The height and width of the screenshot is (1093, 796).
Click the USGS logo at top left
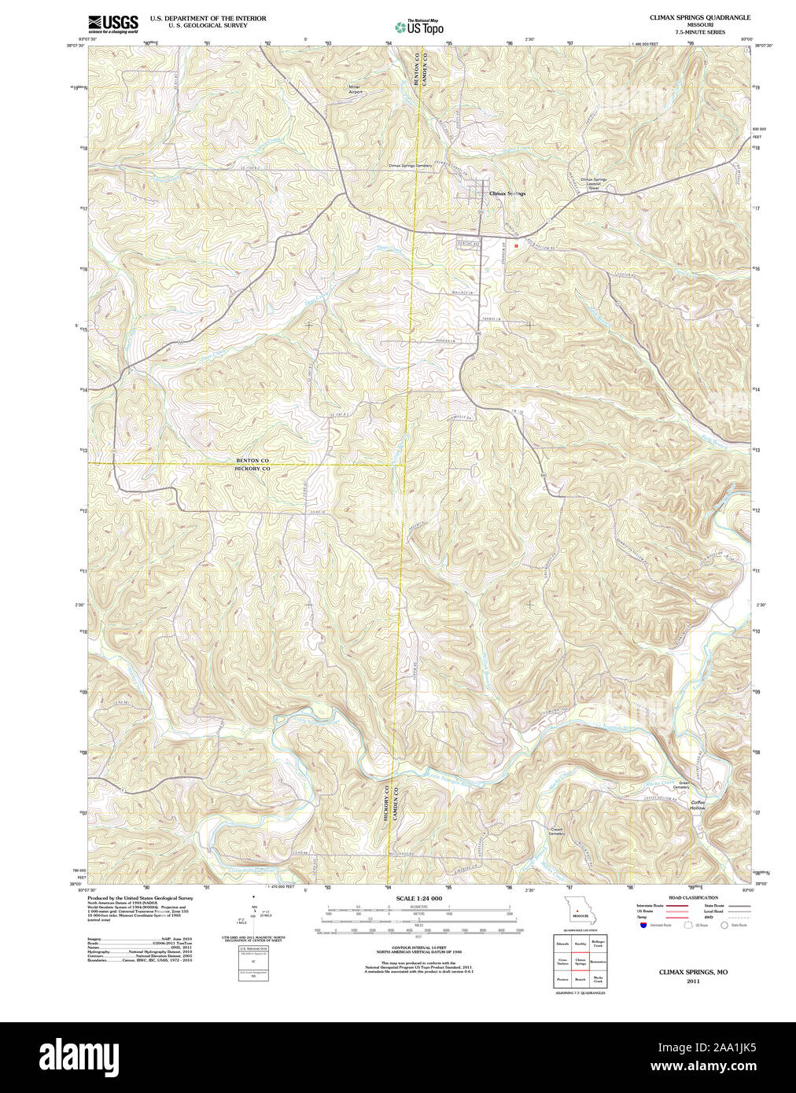click(x=113, y=23)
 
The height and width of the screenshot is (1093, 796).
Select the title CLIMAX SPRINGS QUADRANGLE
click(x=699, y=17)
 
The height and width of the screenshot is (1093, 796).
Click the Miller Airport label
click(x=357, y=90)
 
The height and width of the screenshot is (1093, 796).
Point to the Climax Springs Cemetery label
click(x=410, y=166)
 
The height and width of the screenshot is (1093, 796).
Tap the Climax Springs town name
click(x=507, y=193)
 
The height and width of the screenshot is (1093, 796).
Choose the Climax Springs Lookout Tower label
click(x=594, y=183)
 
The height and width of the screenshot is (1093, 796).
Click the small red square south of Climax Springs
click(x=516, y=245)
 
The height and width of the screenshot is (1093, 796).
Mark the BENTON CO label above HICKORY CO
click(x=252, y=460)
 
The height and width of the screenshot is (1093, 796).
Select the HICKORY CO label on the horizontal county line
click(x=252, y=469)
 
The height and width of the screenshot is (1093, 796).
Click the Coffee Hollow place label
click(x=698, y=804)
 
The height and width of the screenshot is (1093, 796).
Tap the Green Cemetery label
click(x=684, y=785)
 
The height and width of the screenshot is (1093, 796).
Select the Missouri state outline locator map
click(x=580, y=910)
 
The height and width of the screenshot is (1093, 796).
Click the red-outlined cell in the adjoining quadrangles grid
click(x=580, y=961)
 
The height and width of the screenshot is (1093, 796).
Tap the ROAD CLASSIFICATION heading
click(x=693, y=897)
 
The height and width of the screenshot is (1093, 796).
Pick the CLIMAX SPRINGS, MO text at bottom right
click(x=693, y=972)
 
